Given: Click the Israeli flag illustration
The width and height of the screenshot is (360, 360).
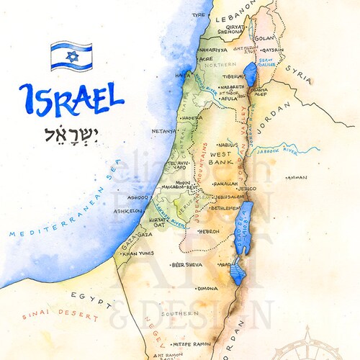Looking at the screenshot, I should (x=71, y=56).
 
